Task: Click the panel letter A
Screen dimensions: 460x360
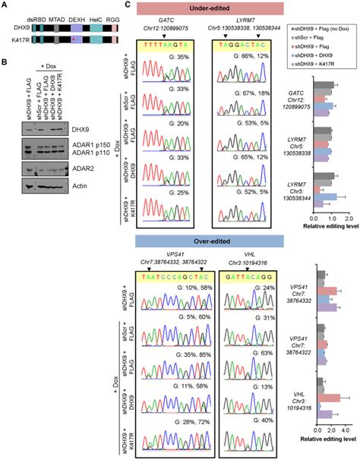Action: (x=4, y=6)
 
